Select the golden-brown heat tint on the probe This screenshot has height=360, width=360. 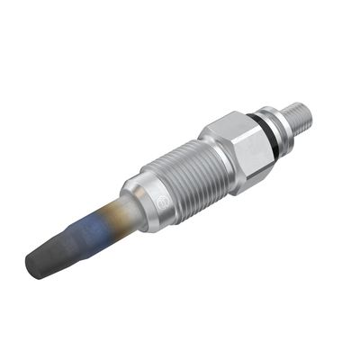point(112,215)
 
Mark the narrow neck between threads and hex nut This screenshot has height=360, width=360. point(205,152)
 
